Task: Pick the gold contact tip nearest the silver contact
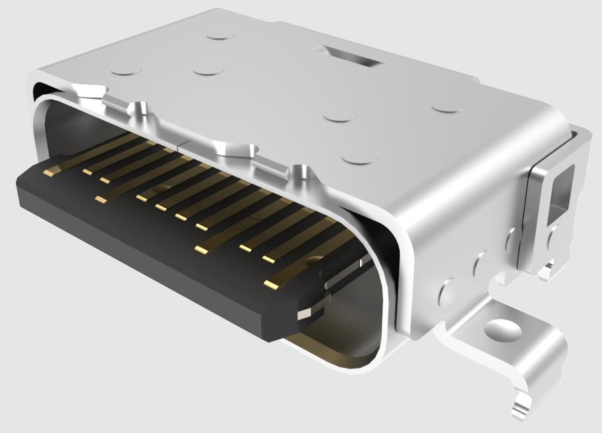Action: [272, 285]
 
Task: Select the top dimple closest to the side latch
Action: [448, 105]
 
